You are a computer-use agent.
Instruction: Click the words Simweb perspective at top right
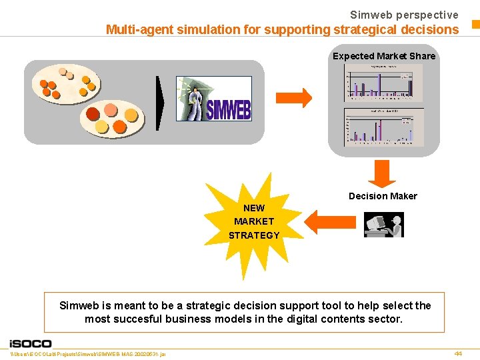tap(404, 15)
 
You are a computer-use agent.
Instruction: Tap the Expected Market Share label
tap(384, 56)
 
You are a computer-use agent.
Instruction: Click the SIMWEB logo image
tap(214, 98)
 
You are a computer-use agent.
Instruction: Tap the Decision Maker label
tap(383, 196)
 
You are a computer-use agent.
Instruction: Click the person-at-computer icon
tap(384, 225)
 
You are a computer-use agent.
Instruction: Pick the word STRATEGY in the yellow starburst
tap(254, 235)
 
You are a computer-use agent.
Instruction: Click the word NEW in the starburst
tap(254, 208)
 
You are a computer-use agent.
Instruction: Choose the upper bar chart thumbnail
tap(383, 83)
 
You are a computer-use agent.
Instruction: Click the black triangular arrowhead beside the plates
tap(160, 103)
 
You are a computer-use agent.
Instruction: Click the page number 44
tap(457, 353)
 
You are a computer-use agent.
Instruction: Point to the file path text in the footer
tap(89, 353)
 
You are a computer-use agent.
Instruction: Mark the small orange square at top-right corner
tap(475, 25)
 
